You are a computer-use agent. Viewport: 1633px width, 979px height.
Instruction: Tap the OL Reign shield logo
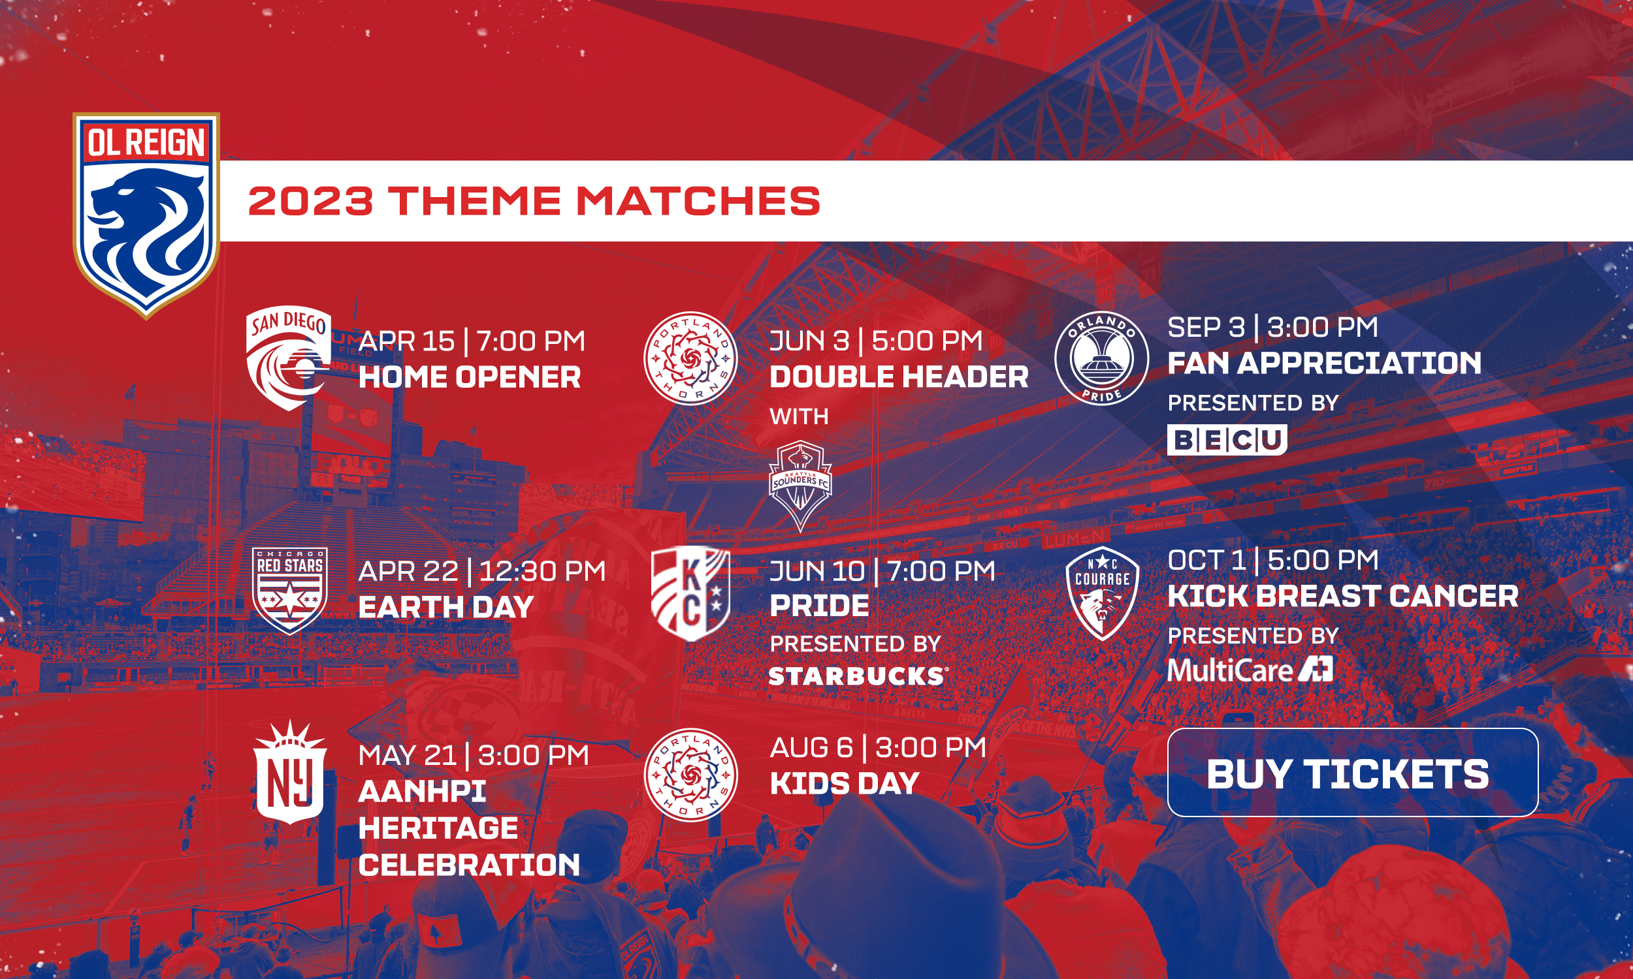146,215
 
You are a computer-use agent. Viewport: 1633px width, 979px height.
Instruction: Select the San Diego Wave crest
289,358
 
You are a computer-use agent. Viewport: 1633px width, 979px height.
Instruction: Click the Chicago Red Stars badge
290,591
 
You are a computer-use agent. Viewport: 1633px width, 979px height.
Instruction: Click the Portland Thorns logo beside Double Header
690,358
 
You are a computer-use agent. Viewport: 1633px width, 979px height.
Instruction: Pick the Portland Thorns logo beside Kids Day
690,775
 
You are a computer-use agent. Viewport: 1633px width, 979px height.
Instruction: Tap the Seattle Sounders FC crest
800,486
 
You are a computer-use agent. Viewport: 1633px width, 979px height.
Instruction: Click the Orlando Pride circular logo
1101,358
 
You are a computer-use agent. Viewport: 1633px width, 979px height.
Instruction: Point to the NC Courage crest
1102,593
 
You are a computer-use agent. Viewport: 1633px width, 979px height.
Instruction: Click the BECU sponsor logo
1227,440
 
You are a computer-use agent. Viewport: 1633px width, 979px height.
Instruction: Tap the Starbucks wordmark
858,676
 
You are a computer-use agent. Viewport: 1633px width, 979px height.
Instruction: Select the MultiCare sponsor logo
1250,670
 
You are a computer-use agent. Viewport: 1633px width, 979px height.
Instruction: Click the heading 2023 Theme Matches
534,200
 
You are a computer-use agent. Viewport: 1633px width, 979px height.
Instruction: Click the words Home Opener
469,377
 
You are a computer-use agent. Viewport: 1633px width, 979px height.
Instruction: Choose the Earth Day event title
445,607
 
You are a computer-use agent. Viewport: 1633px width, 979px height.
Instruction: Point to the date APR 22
408,570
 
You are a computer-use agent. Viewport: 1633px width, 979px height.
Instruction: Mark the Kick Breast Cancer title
1342,597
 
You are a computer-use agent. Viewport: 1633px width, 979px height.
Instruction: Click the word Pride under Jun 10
819,606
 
